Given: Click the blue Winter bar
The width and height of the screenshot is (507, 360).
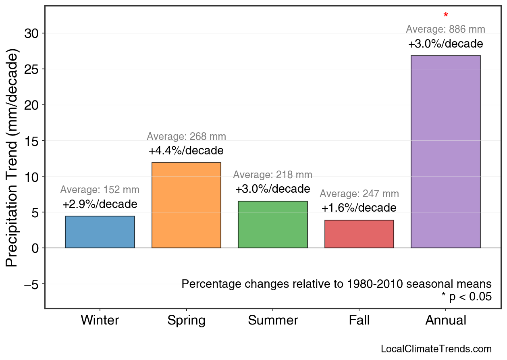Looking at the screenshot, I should point(100,232).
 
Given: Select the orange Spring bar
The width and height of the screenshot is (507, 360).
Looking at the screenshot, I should point(186,205).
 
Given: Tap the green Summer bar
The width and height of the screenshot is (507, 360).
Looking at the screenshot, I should point(273,225).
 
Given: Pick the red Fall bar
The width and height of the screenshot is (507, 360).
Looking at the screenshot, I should point(359,234).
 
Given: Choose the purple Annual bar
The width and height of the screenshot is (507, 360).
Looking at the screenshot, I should point(445,152).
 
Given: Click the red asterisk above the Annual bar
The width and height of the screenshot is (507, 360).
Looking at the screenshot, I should point(445,16).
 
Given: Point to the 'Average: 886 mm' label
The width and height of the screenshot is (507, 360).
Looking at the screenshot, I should point(445,29).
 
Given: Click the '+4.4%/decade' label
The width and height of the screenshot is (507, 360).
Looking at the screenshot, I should point(186,151).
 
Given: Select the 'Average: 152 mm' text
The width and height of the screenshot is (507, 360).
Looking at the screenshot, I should point(100,190).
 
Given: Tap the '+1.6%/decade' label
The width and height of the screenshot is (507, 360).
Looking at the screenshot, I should point(359,208).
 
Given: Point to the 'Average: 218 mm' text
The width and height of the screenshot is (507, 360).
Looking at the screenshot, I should point(273,175).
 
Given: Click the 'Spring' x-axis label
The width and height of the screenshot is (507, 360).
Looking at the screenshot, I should point(186,320).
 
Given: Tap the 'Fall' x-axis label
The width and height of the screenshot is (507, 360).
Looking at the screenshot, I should point(359,320).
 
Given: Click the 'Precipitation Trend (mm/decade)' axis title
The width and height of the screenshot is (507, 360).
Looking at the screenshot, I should point(12,158).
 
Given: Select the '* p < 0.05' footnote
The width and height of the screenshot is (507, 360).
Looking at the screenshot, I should point(466,297).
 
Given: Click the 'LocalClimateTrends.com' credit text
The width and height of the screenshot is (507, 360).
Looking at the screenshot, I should point(436,349).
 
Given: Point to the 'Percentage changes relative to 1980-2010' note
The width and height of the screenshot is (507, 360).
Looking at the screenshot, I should point(337,284).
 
